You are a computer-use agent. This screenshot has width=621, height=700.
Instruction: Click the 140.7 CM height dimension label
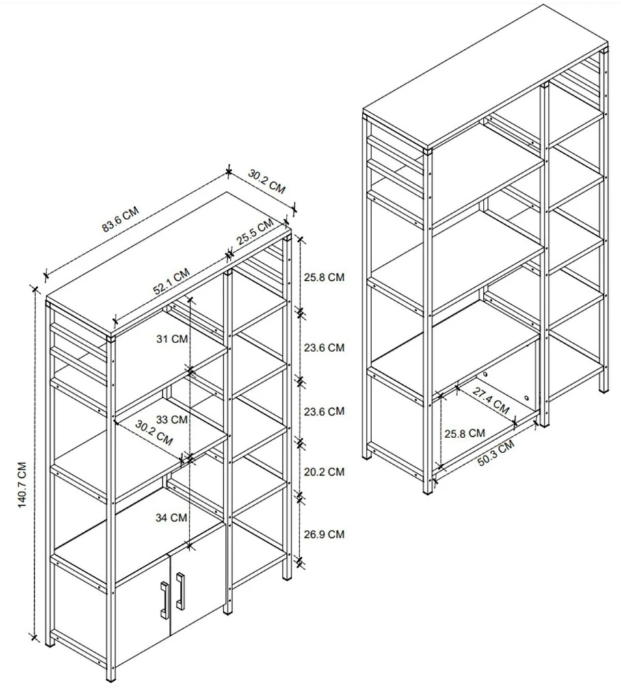tap(22, 485)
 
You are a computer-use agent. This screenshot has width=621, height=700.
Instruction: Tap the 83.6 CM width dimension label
tap(120, 219)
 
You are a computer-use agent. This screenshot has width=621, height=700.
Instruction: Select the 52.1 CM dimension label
tap(171, 281)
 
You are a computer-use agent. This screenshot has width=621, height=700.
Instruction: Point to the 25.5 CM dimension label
tap(254, 232)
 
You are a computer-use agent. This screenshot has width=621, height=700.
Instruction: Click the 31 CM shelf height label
tap(172, 339)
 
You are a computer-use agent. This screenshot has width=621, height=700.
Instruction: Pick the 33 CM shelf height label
tap(172, 419)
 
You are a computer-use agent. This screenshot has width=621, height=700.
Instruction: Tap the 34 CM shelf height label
tap(171, 517)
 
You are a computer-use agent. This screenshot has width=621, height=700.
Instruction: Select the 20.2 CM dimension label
tap(324, 472)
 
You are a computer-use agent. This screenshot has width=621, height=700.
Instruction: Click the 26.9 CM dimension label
tap(324, 534)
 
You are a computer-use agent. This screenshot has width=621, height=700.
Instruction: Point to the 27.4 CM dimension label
tap(491, 401)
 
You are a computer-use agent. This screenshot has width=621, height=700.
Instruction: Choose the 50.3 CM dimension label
tap(496, 453)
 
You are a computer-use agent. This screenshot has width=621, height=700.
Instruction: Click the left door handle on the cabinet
tap(164, 600)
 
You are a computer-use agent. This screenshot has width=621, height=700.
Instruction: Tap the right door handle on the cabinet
tap(180, 590)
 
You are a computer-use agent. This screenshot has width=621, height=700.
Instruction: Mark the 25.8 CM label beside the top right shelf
tap(324, 277)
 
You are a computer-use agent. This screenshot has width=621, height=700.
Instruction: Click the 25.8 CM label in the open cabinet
tap(464, 433)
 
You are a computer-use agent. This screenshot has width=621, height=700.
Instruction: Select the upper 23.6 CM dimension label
tap(324, 347)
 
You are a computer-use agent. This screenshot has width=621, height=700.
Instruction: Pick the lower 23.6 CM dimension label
tap(324, 411)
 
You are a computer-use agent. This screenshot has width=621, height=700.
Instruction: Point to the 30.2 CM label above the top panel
tap(266, 181)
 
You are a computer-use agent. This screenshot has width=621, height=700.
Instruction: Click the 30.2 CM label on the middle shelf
tap(154, 432)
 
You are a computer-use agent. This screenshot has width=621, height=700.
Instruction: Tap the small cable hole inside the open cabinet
tap(526, 397)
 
